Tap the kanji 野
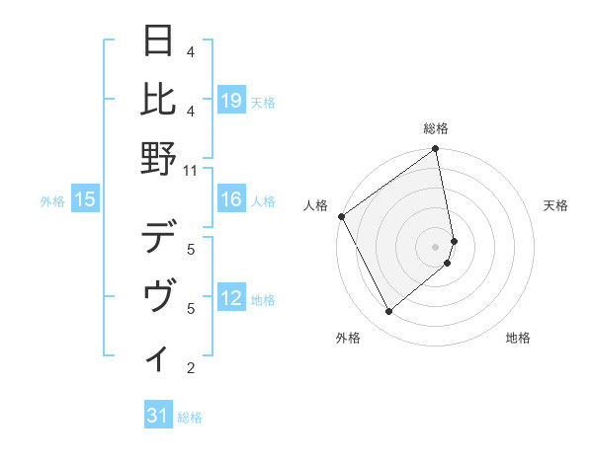point(160,157)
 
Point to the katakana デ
point(160,238)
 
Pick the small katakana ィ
point(160,357)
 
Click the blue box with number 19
point(231,100)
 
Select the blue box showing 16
point(231,200)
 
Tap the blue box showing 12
point(231,299)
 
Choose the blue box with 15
point(85,200)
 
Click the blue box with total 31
point(158,417)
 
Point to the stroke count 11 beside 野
point(191,170)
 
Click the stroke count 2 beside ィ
point(191,368)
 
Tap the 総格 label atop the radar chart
point(436,128)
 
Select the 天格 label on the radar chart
point(555,205)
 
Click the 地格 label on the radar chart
point(518,338)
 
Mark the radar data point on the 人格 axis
point(341,216)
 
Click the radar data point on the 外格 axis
point(388,312)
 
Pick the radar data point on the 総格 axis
point(436,150)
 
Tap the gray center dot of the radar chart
point(436,246)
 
